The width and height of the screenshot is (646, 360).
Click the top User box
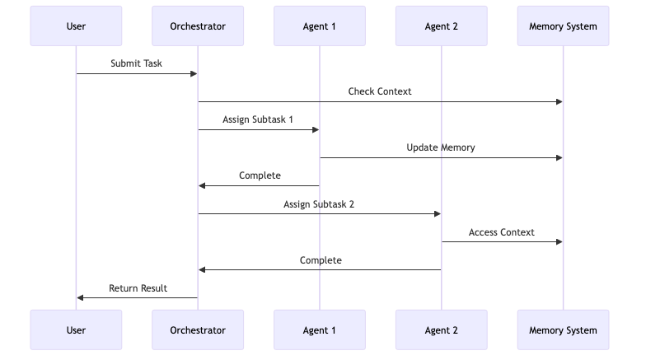(76, 26)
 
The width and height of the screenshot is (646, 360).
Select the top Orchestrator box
(198, 26)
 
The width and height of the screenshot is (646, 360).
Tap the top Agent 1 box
(320, 26)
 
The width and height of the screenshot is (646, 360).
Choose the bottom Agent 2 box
(441, 330)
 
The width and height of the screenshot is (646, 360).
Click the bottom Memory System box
(563, 330)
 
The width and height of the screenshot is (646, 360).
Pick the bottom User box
(76, 330)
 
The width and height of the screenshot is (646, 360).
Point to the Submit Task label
(137, 63)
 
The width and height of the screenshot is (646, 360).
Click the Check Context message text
(380, 91)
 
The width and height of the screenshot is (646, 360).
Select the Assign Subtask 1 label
(258, 119)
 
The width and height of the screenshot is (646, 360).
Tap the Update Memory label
(441, 147)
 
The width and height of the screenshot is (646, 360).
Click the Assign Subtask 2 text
(319, 203)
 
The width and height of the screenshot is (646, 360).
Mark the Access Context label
(502, 232)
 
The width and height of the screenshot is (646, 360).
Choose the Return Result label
(138, 288)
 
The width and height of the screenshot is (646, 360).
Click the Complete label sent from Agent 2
(321, 260)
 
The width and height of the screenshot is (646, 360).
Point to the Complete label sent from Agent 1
(260, 175)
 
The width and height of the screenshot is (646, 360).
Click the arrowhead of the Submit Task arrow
(194, 74)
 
